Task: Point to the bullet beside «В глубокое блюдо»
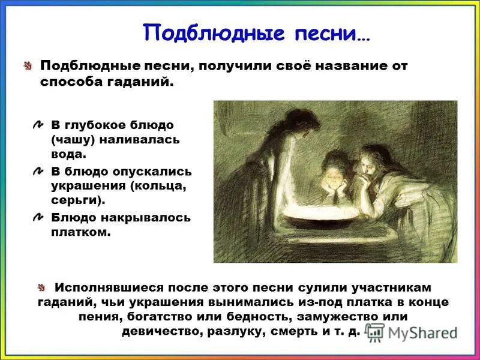click(38, 125)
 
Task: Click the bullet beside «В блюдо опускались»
click(38, 172)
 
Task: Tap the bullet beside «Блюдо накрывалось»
click(38, 217)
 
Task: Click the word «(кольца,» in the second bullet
click(153, 186)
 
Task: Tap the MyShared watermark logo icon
click(376, 332)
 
